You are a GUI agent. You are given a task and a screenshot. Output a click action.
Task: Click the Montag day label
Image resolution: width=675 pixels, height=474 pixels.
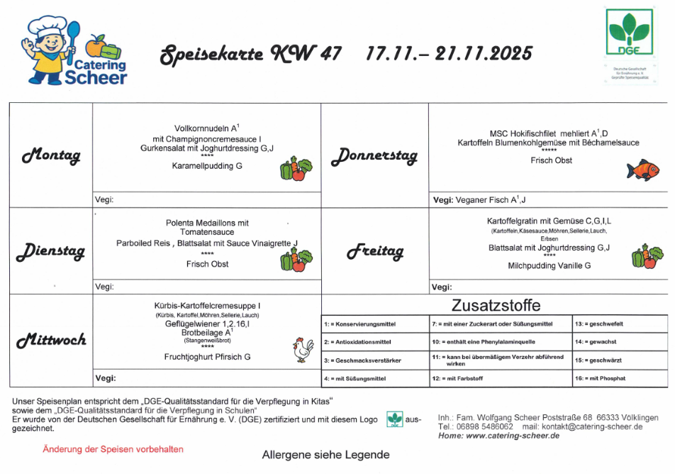[51, 155]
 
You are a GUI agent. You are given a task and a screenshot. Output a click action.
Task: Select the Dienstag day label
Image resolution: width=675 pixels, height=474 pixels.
[51, 250]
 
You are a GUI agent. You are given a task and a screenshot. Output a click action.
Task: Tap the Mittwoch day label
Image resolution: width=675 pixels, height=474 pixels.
[51, 340]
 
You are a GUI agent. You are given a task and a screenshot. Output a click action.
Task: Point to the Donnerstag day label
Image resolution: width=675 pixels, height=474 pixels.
[374, 155]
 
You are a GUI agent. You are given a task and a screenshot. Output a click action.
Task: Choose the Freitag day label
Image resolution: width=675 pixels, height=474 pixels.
[374, 251]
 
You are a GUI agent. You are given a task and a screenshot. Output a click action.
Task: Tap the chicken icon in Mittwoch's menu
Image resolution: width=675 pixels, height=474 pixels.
[303, 349]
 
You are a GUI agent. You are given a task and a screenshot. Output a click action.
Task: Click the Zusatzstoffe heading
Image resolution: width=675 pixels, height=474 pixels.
[496, 306]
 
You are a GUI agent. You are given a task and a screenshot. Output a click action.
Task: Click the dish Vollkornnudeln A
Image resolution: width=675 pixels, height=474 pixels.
[206, 128]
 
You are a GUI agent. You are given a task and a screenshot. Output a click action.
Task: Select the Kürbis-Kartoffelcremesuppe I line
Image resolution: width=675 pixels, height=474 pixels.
[208, 306]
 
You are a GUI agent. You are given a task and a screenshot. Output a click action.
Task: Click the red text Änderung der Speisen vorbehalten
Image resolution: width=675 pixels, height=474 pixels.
[113, 449]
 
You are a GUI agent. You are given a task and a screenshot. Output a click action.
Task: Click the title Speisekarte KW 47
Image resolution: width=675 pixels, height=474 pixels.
[250, 54]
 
